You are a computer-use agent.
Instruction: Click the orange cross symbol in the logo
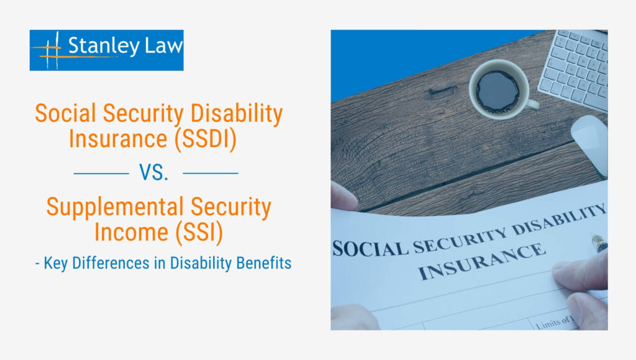52,50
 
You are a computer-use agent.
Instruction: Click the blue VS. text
155,173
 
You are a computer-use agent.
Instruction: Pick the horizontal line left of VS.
101,173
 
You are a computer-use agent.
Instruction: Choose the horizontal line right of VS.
211,173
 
